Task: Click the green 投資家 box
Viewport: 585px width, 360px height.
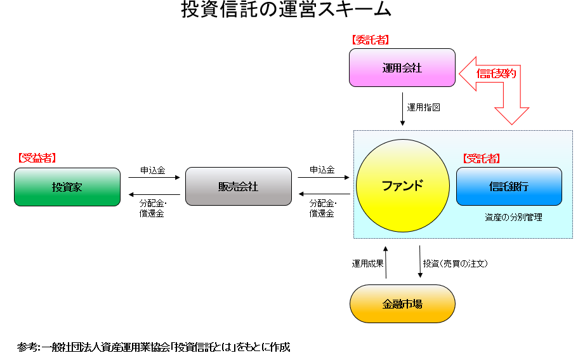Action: pos(67,187)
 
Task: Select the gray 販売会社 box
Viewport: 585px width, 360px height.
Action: pos(239,186)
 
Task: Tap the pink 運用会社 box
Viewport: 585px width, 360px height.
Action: pos(402,67)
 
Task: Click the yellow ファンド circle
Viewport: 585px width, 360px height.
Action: pos(403,185)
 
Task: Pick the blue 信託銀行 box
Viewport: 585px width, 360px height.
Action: pos(509,186)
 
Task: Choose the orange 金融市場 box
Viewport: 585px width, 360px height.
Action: pos(402,303)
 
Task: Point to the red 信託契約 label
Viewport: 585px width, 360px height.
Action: pos(496,74)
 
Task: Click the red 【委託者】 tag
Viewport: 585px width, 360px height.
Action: pos(370,40)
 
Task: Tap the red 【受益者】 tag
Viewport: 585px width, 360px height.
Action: pos(37,158)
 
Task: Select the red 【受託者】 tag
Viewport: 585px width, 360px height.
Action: pos(482,159)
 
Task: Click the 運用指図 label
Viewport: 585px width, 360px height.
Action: pos(423,107)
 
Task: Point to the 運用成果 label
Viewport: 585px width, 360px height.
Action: pos(367,263)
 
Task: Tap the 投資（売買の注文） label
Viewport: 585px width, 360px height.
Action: pos(455,263)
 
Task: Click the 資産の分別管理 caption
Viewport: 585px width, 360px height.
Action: pos(513,217)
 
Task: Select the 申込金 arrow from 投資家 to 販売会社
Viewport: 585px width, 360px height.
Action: pos(154,177)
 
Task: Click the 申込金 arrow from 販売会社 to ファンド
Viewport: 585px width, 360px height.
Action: pos(324,177)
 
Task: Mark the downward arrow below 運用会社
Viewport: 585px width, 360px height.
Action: pos(402,109)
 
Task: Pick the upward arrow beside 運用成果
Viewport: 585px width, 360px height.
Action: pos(386,262)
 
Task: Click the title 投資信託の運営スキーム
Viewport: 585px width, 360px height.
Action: pos(286,9)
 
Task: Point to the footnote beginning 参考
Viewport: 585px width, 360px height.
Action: pos(154,347)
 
